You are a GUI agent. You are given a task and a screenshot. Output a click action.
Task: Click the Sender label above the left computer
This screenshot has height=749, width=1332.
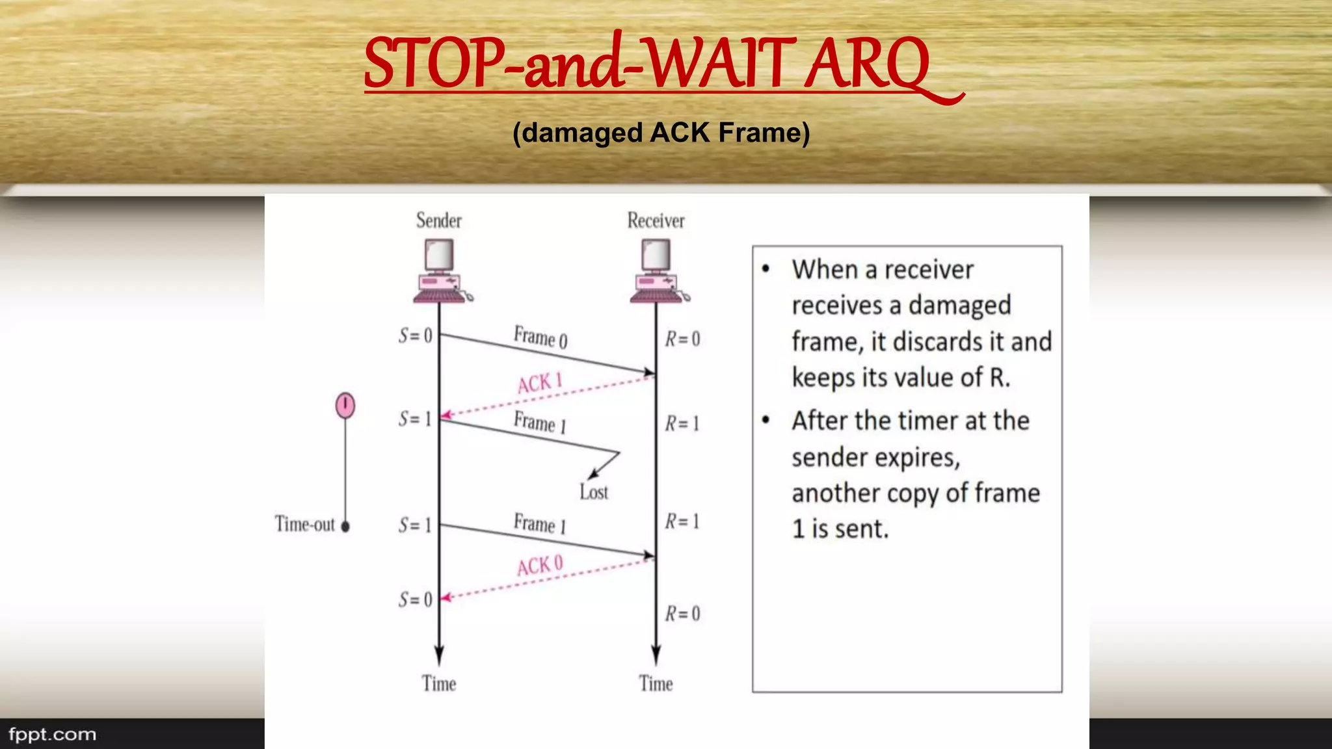pos(439,220)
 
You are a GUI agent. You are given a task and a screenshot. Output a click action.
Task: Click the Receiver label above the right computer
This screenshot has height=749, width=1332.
pos(656,220)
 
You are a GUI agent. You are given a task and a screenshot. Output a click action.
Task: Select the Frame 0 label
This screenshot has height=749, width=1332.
pos(540,337)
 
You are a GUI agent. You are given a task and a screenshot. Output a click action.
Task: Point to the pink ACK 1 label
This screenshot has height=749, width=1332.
pos(540,383)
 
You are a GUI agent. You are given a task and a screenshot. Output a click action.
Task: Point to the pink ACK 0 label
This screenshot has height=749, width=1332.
pos(540,566)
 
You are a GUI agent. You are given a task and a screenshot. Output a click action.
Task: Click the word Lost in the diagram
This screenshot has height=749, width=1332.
pos(594,492)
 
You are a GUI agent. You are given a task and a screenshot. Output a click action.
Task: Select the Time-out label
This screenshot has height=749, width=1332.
pos(304,524)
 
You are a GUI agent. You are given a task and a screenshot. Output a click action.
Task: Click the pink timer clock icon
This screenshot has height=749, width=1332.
pos(345,405)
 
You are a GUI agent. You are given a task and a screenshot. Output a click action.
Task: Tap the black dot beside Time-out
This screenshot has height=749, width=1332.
pos(345,527)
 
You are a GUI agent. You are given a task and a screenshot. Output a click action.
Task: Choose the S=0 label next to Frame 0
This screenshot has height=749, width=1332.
pos(416,335)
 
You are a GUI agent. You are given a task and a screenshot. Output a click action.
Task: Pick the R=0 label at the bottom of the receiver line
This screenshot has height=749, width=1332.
pos(682,614)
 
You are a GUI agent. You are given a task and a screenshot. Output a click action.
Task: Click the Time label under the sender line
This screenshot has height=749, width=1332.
pos(439,683)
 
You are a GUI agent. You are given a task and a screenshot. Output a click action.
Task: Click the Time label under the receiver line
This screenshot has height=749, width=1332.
pos(656,683)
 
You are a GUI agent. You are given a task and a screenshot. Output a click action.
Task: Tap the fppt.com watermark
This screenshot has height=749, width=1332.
pos(52,735)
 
